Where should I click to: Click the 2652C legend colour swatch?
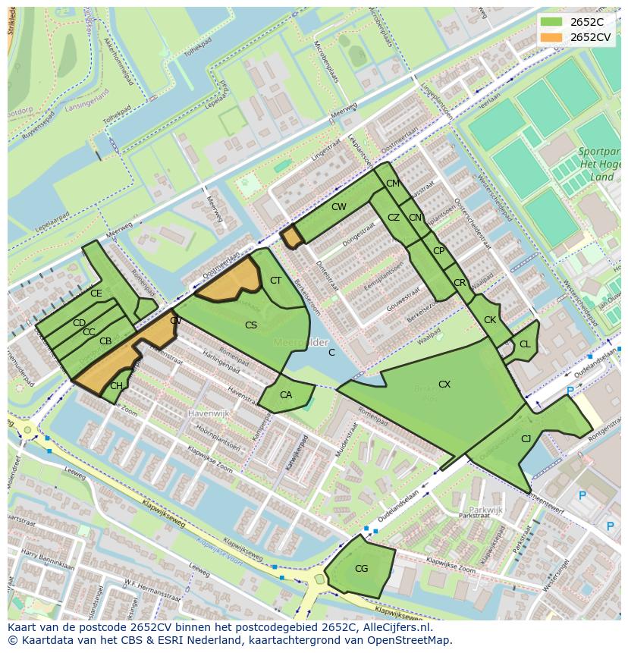[551, 21]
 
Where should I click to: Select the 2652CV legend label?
[590, 36]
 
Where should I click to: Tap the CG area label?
[361, 569]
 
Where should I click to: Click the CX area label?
[444, 385]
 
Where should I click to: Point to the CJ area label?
[526, 438]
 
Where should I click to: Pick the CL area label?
[525, 344]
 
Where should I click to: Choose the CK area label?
[490, 320]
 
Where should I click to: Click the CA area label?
[286, 395]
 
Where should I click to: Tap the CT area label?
[275, 281]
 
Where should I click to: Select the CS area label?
[251, 325]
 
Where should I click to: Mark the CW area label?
[338, 206]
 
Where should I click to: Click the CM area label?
[392, 184]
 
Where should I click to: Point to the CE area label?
[96, 294]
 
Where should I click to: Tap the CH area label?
[116, 386]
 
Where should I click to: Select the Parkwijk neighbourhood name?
[485, 510]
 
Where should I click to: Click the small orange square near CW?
[292, 237]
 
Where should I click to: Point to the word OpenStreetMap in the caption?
[413, 640]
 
